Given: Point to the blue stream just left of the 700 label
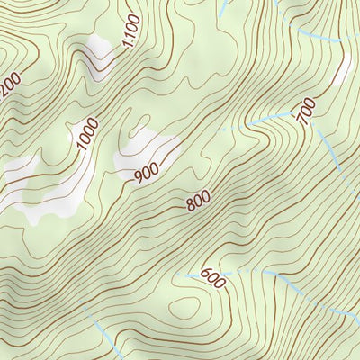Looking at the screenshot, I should [270, 117].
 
